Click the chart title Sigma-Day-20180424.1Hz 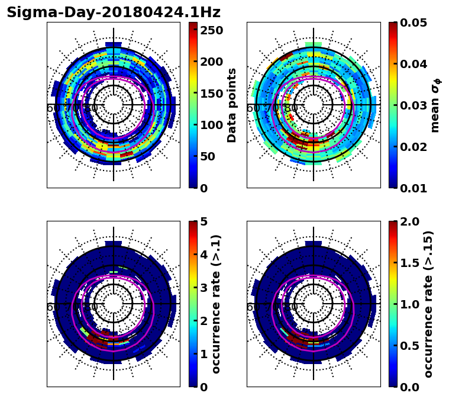pyautogui.click(x=113, y=12)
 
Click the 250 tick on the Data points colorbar pyautogui.click(x=210, y=30)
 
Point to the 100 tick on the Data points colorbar pyautogui.click(x=210, y=125)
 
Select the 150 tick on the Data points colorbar pyautogui.click(x=210, y=93)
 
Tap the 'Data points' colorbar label pyautogui.click(x=232, y=105)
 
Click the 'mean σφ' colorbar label pyautogui.click(x=435, y=105)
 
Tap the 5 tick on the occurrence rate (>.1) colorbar pyautogui.click(x=204, y=221)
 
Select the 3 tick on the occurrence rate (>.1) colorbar pyautogui.click(x=204, y=288)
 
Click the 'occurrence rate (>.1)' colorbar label pyautogui.click(x=217, y=304)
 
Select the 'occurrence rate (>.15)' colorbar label pyautogui.click(x=429, y=304)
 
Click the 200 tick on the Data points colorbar pyautogui.click(x=210, y=62)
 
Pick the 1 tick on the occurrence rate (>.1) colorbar pyautogui.click(x=204, y=354)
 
